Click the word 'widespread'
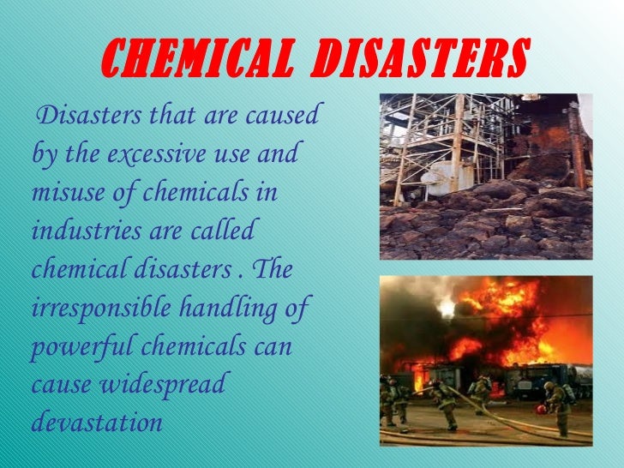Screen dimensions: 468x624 (x=165, y=384)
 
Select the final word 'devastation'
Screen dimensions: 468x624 (x=95, y=421)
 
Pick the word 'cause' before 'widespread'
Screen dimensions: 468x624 (x=58, y=384)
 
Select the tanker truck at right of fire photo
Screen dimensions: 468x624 (x=554, y=376)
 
